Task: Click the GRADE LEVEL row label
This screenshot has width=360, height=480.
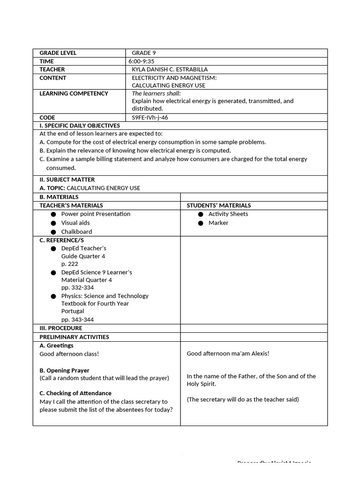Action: point(58,53)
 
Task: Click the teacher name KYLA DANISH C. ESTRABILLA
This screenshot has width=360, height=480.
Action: point(169,69)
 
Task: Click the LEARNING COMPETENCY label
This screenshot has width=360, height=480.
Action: point(74,93)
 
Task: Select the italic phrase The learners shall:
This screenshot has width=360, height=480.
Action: point(156,93)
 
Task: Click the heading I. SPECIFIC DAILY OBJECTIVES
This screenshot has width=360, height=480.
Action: point(80,126)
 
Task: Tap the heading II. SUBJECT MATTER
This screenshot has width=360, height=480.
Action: point(67,180)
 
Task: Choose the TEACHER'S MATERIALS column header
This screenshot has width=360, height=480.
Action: point(71,205)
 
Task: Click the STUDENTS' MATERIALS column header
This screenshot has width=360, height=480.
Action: point(218,205)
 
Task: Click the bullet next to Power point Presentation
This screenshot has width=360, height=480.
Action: point(54,214)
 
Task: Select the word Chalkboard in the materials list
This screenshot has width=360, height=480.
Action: point(76,232)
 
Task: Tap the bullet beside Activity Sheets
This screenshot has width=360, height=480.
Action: point(201,214)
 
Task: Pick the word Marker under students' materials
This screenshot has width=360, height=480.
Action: point(218,223)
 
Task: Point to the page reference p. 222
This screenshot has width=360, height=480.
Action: point(70,264)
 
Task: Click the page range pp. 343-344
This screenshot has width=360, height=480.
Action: point(77,320)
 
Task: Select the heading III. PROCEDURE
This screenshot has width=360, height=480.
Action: point(61,328)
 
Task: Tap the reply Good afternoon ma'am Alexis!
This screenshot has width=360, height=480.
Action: point(228,353)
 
